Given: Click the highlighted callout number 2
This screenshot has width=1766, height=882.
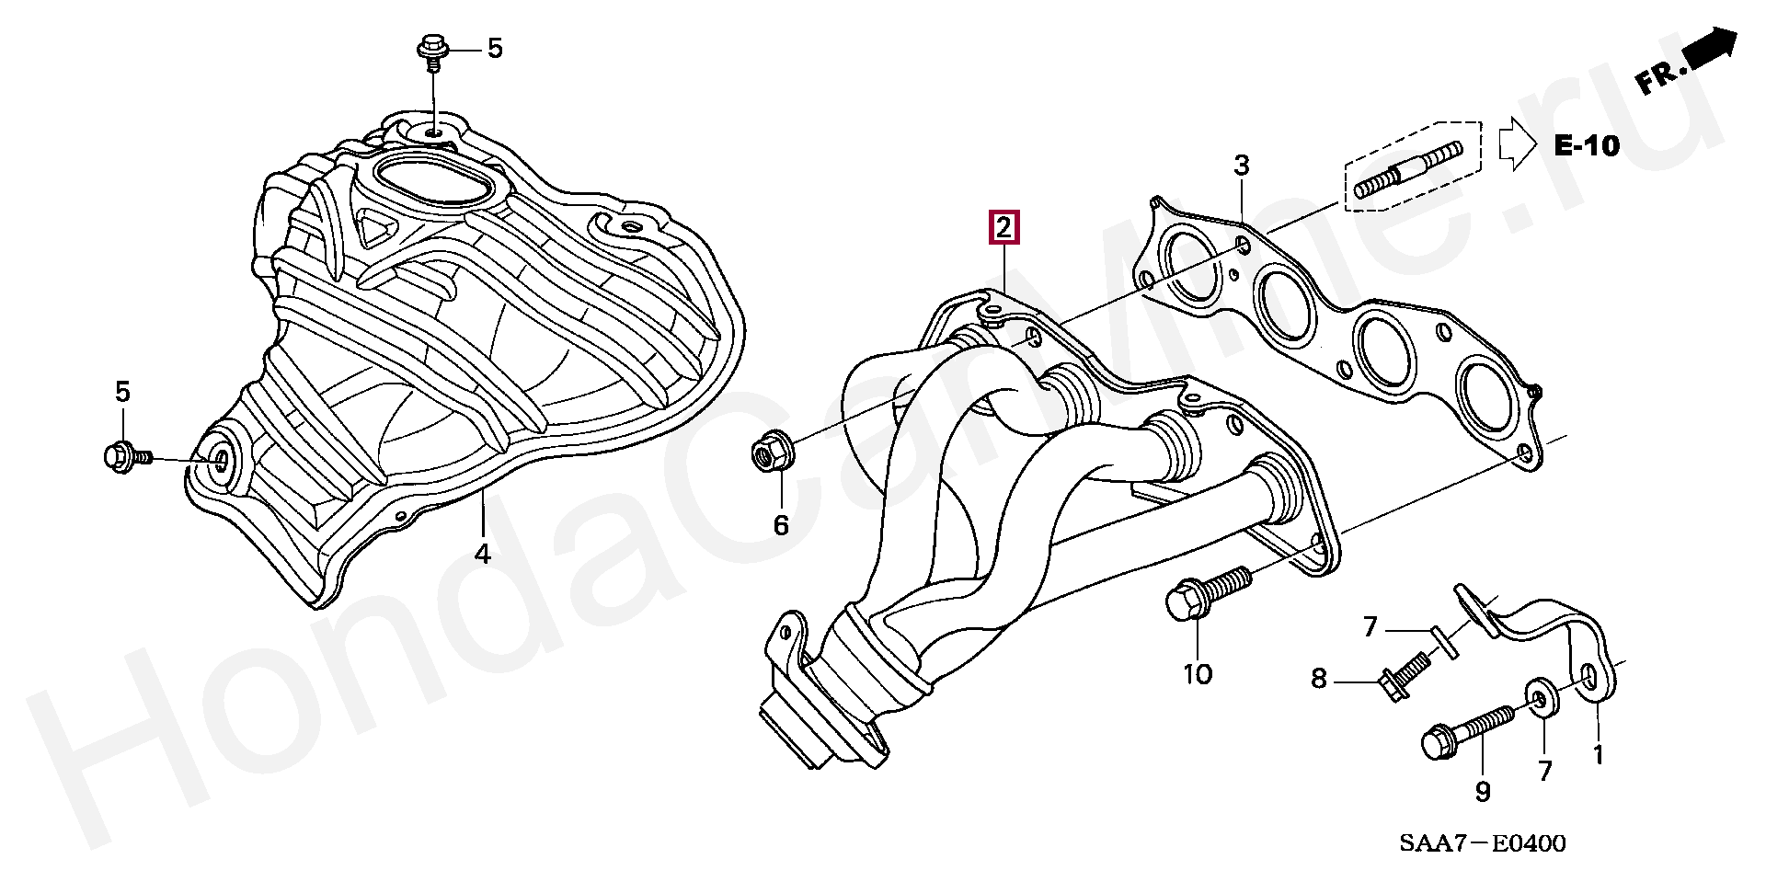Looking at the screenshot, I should coord(1003,227).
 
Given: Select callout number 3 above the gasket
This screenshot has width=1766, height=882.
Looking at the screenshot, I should coord(1242,166).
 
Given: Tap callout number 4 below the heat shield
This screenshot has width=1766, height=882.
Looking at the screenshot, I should coord(483,554).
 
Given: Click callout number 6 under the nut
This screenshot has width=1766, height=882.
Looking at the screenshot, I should coord(781,526).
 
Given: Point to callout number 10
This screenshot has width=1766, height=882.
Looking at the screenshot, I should coord(1197,674).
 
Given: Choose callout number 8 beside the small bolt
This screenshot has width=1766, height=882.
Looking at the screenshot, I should coord(1319,679).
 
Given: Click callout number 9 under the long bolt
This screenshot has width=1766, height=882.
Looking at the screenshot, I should coord(1482,792).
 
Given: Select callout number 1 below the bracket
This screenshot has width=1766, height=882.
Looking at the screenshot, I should coord(1599,755).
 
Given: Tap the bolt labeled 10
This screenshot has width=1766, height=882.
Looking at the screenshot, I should coord(1205,590).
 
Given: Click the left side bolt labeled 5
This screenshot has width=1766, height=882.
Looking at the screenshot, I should coord(125,455).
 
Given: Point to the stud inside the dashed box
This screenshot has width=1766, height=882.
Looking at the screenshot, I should coord(1407,171).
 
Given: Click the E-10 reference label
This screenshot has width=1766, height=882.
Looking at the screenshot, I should coord(1586,145).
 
